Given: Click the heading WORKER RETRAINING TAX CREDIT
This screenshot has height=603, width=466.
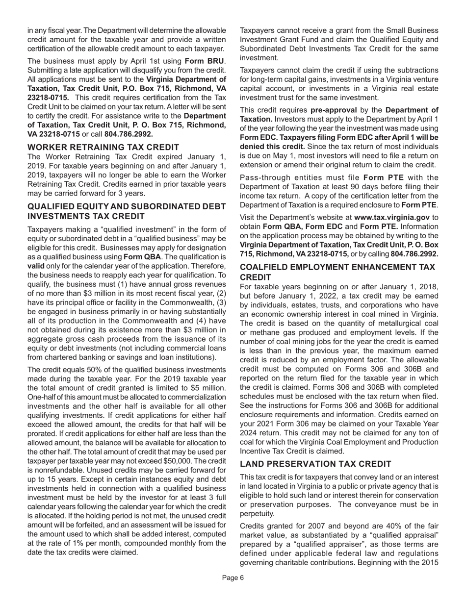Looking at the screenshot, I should pos(104,147).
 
